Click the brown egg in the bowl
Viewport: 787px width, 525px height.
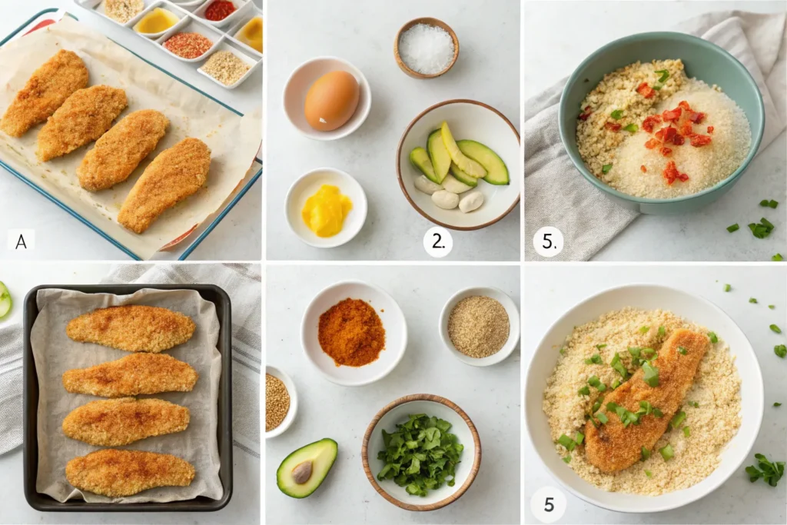point(332,101)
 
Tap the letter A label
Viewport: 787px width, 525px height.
point(21,241)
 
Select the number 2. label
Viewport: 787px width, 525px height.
point(438,241)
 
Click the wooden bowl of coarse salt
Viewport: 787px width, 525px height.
point(427,48)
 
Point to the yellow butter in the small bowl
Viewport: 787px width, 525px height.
point(326,210)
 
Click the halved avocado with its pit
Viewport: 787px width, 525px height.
point(307,468)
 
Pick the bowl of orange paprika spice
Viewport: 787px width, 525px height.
point(353,333)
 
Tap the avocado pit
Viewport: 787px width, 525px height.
point(302,472)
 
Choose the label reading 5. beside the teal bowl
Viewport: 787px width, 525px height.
point(549,241)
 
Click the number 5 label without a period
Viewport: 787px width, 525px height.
point(549,504)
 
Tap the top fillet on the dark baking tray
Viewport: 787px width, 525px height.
point(131,328)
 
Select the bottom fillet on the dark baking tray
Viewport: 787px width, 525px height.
point(130,472)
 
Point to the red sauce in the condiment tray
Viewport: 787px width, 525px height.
point(221,9)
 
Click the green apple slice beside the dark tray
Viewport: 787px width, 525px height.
point(5,300)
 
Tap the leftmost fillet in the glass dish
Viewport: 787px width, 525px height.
point(45,93)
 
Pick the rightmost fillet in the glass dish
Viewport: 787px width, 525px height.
point(164,186)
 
